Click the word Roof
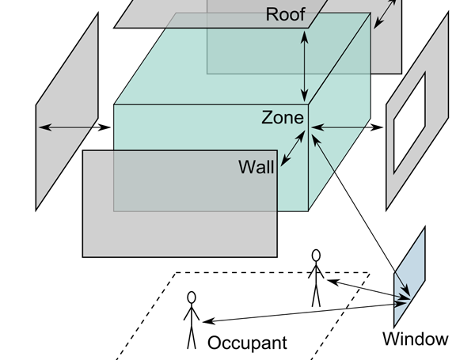pos(285,13)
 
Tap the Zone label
pos(283,118)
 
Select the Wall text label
pos(256,167)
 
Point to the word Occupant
pos(247,343)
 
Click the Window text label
pos(415,339)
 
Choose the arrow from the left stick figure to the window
pos(301,311)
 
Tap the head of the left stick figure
pos(190,297)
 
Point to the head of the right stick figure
pos(316,255)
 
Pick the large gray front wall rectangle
pos(179,229)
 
